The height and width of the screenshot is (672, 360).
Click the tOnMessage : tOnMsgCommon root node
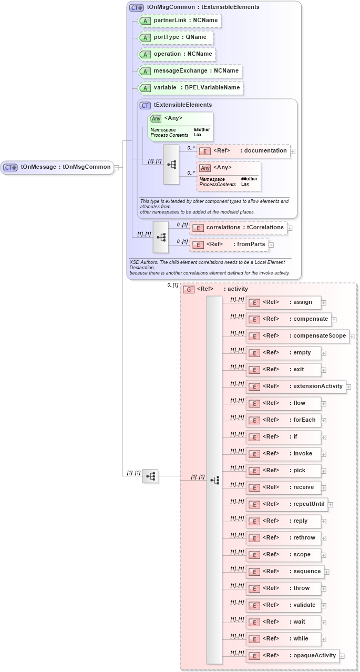58,167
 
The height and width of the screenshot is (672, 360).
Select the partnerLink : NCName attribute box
179,21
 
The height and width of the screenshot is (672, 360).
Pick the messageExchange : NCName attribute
190,70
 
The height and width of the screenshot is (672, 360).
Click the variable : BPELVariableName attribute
190,87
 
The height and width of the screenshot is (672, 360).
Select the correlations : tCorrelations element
239,228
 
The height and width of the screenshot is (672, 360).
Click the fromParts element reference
230,244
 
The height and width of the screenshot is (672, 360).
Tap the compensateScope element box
297,335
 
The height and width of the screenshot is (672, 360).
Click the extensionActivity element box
296,386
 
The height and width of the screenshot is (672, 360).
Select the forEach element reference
283,420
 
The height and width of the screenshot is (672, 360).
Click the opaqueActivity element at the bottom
293,656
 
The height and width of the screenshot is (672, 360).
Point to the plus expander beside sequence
327,572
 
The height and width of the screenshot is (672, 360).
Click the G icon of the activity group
189,289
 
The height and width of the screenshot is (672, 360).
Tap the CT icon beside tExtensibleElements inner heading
145,105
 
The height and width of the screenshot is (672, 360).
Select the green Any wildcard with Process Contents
180,127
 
